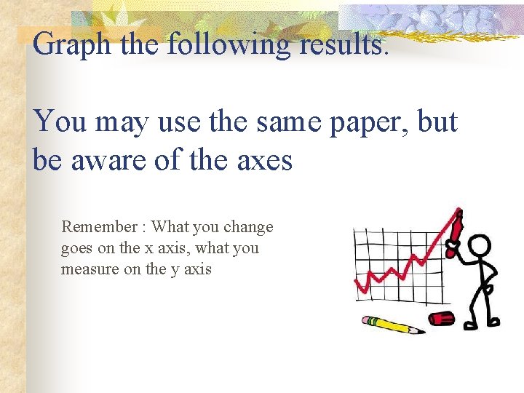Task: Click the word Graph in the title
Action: pos(71,45)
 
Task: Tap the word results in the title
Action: pos(337,45)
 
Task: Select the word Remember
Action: pos(99,227)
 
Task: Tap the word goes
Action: pos(77,248)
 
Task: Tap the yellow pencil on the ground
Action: pos(393,325)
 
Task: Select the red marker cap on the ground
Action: pos(441,317)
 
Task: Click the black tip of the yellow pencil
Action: pos(421,331)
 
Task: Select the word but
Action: pos(438,122)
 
